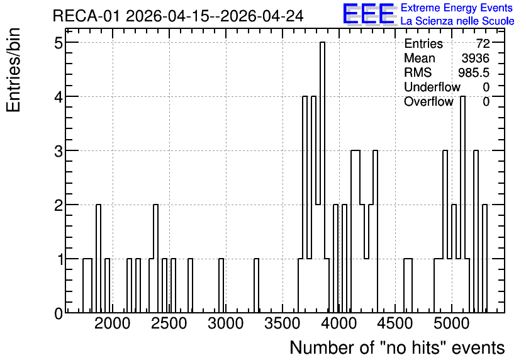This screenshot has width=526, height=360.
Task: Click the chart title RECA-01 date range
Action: [x=178, y=16]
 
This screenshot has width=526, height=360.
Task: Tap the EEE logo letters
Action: [x=369, y=14]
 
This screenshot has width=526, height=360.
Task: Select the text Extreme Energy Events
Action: [x=457, y=8]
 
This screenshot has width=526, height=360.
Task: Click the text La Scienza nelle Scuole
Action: [x=457, y=21]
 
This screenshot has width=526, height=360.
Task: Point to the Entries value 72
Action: [x=483, y=43]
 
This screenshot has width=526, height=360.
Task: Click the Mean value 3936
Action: [x=475, y=58]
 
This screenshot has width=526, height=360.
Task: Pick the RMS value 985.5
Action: [x=474, y=72]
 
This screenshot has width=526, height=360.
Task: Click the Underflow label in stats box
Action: [x=432, y=87]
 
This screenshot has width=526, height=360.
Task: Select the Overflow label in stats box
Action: [x=428, y=101]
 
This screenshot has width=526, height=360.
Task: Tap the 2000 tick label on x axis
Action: [x=113, y=323]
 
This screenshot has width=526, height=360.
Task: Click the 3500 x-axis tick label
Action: [x=282, y=323]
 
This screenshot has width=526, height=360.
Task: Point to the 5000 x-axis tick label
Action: [x=452, y=323]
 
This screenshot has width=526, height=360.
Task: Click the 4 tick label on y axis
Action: [x=59, y=97]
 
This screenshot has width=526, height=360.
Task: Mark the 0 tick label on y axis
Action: [x=59, y=313]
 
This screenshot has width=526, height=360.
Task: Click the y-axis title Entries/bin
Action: [x=13, y=70]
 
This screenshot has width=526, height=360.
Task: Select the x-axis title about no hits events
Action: [x=397, y=347]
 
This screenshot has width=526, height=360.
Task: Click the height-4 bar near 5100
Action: [x=462, y=205]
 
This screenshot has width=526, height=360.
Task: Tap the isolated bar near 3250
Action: [x=256, y=286]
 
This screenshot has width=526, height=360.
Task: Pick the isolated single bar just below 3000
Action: [x=221, y=286]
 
